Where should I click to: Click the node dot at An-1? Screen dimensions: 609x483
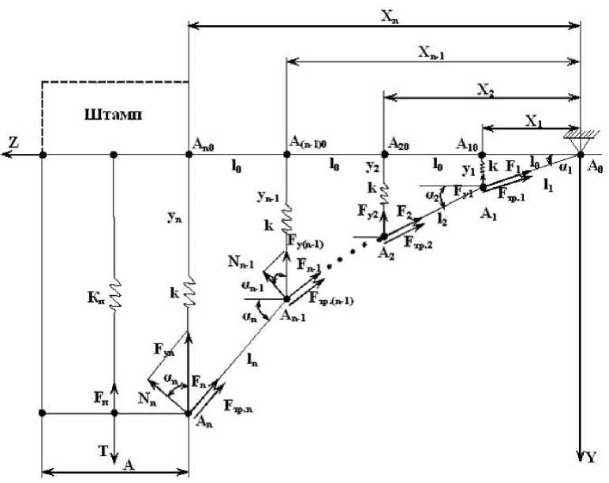[286, 298]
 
